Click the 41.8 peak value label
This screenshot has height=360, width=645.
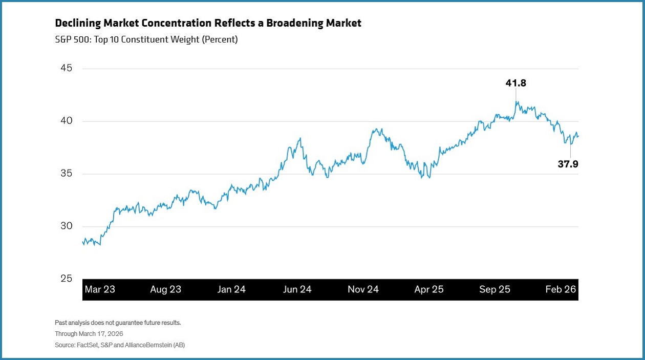click(x=516, y=83)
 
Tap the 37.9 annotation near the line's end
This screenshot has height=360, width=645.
click(x=571, y=164)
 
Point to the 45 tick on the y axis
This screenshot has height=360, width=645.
click(x=66, y=69)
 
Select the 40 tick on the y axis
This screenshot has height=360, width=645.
click(x=66, y=121)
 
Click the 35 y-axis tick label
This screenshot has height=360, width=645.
click(x=66, y=174)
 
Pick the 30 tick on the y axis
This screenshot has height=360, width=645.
click(x=66, y=226)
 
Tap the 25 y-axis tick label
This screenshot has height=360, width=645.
click(x=66, y=279)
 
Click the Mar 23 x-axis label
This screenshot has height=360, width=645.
click(x=100, y=289)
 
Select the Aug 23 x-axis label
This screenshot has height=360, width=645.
click(x=165, y=289)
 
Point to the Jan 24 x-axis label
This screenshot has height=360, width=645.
click(x=231, y=289)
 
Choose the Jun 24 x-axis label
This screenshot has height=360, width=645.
click(x=297, y=289)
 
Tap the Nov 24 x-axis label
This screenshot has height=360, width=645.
click(x=363, y=289)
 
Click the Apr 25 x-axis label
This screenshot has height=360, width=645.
click(x=429, y=289)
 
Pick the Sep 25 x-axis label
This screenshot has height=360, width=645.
click(x=494, y=289)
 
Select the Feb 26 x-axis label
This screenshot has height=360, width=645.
click(x=561, y=289)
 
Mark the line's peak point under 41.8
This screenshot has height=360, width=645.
click(x=517, y=101)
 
